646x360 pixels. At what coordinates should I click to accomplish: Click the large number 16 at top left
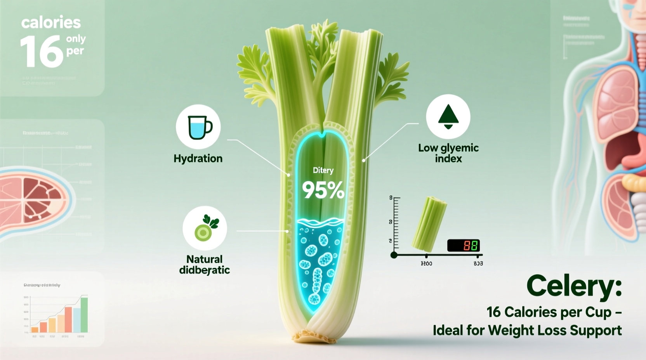[42, 52]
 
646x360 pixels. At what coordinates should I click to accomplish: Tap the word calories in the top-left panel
[51, 22]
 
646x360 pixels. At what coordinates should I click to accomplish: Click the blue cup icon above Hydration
[199, 127]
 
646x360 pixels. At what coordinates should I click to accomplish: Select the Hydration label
[198, 159]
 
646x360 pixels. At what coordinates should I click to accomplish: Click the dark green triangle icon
[448, 115]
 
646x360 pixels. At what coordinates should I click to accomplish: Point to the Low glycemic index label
[448, 153]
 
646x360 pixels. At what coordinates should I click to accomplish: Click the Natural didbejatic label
[205, 265]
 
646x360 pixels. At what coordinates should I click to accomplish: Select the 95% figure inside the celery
[323, 190]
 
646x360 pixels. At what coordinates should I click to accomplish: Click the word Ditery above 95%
[323, 170]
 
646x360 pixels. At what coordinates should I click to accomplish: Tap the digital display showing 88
[464, 245]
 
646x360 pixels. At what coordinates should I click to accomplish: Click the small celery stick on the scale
[429, 224]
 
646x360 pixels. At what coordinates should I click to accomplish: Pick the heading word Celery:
[574, 286]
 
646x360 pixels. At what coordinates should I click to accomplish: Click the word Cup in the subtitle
[598, 312]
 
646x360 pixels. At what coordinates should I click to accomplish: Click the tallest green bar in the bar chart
[84, 315]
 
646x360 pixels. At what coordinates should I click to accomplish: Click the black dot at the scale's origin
[394, 255]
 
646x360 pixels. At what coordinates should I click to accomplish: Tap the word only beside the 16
[76, 39]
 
